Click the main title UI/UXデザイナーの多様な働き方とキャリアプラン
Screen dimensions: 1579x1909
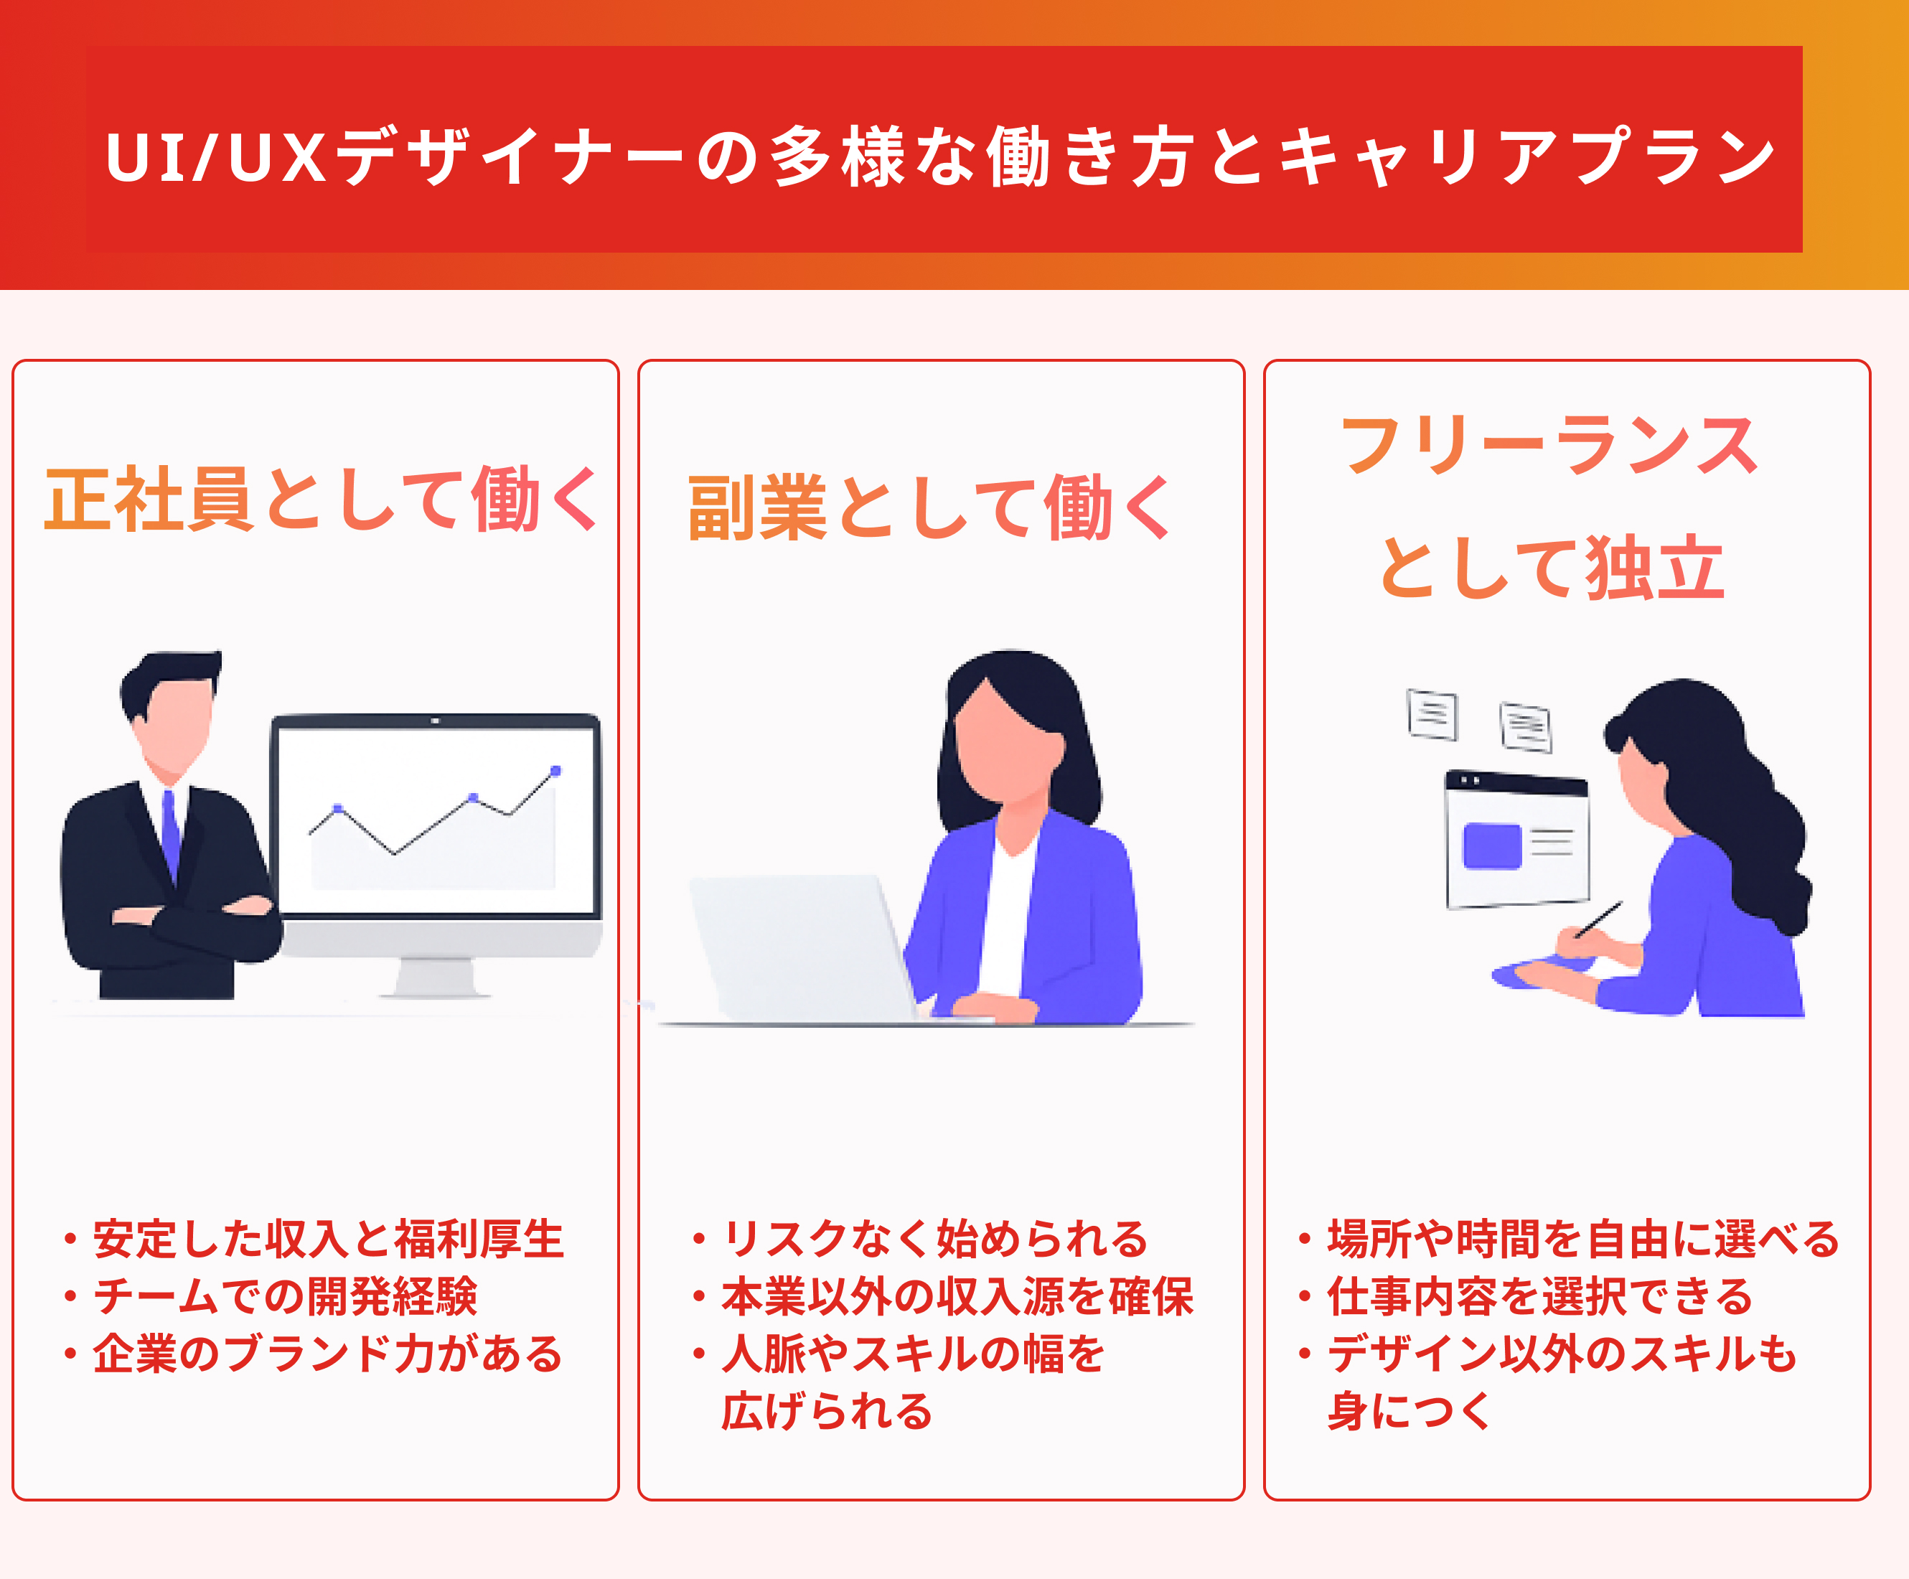[941, 156]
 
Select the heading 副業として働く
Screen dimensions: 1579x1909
[929, 507]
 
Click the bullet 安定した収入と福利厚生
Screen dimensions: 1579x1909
[327, 1239]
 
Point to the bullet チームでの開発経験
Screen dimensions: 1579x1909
[284, 1296]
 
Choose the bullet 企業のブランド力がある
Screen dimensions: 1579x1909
[327, 1354]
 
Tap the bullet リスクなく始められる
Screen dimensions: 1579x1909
[934, 1239]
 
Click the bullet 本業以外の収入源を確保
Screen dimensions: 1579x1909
[957, 1296]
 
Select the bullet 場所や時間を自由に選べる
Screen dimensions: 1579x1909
[1582, 1239]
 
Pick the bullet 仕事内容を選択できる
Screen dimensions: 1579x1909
[1539, 1296]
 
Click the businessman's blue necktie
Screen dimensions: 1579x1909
[170, 832]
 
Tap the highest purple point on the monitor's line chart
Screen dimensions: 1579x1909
[555, 771]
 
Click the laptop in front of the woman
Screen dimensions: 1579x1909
[800, 945]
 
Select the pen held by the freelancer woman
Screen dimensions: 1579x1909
[1599, 919]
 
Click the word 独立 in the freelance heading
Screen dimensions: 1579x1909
[1654, 568]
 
